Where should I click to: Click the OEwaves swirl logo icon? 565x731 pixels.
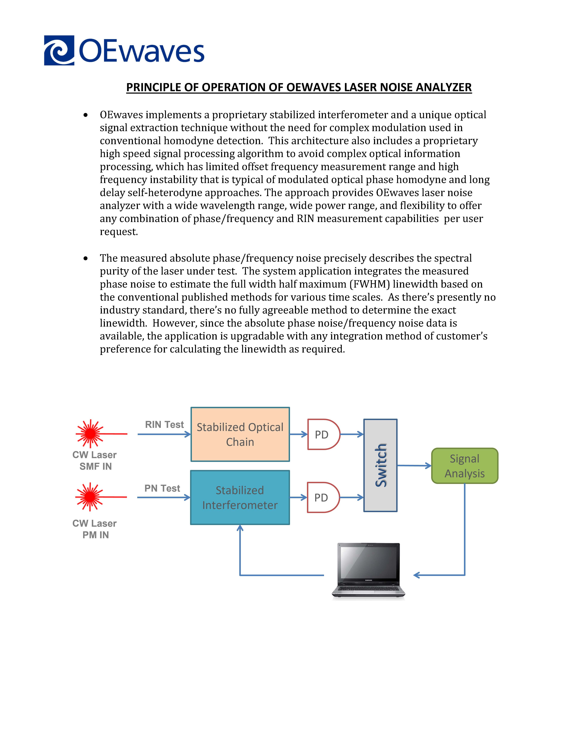[x=59, y=50]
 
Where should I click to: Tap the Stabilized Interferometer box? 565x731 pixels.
[x=240, y=497]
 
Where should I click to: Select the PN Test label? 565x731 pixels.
[x=162, y=488]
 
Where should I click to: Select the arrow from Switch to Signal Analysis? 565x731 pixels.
[x=414, y=466]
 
